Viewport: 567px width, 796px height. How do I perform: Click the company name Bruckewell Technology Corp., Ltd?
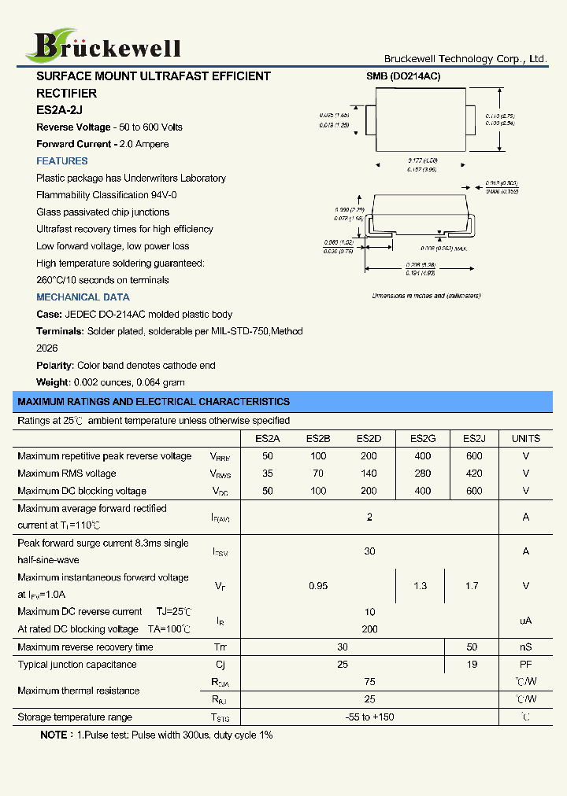click(x=465, y=59)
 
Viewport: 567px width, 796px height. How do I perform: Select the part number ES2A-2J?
click(x=59, y=110)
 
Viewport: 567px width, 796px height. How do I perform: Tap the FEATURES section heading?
click(x=62, y=161)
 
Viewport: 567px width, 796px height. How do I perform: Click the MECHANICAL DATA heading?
click(x=83, y=297)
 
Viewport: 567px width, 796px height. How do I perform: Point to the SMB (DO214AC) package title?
click(x=403, y=76)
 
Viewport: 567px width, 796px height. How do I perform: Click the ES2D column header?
click(x=369, y=438)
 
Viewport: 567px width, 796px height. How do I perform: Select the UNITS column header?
click(x=525, y=438)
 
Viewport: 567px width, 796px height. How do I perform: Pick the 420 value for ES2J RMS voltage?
click(x=473, y=474)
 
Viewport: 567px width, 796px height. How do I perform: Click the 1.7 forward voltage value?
click(x=471, y=586)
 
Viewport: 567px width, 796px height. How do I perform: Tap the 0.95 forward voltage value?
click(x=318, y=586)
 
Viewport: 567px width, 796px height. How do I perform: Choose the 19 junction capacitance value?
click(x=471, y=665)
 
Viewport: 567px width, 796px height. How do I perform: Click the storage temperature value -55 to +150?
click(x=369, y=717)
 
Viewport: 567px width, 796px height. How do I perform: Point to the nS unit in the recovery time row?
click(x=525, y=647)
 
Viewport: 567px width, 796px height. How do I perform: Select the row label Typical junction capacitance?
click(x=76, y=665)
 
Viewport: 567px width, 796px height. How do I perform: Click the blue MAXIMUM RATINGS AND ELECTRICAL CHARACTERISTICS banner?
click(x=154, y=402)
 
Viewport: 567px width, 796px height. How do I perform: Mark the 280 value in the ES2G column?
click(x=423, y=474)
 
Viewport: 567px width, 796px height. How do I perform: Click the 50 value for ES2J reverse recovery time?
click(x=471, y=647)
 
